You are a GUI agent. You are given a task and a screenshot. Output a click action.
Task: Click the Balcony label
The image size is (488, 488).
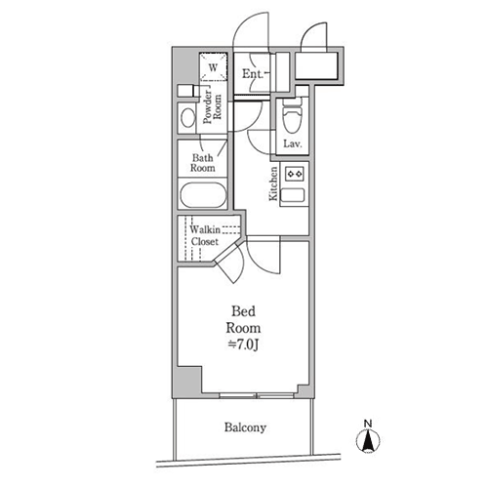pos(245,427)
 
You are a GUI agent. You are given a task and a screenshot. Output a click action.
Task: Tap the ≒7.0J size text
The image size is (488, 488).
pos(244,346)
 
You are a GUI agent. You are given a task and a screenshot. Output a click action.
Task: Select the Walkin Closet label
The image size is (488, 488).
pos(205,235)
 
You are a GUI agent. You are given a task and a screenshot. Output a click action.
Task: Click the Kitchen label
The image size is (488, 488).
pos(273,183)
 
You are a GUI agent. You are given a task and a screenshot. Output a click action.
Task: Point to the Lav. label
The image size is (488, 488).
pos(293,143)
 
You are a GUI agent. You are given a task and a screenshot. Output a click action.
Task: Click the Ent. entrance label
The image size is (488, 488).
pos(253,74)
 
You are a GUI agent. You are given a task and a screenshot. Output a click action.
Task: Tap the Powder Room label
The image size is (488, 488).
pos(212,107)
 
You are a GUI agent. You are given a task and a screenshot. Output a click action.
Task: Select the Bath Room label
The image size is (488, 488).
pos(203,163)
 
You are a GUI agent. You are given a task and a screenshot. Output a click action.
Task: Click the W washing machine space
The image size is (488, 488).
pos(213,67)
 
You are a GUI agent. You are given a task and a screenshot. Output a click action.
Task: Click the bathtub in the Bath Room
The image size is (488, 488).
pos(203,195)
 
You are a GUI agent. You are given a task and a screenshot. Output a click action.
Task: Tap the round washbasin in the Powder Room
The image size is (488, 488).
pos(187,118)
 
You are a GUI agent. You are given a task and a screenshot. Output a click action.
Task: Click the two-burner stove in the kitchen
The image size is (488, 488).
pos(295,174)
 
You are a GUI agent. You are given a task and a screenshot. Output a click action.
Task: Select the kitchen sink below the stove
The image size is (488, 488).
pos(293,195)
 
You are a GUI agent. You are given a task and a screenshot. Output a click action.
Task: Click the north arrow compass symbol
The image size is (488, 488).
pos(368,441)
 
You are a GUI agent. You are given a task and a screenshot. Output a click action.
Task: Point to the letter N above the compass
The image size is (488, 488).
pos(368,424)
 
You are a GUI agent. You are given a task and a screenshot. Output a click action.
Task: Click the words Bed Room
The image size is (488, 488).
pos(243,319)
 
